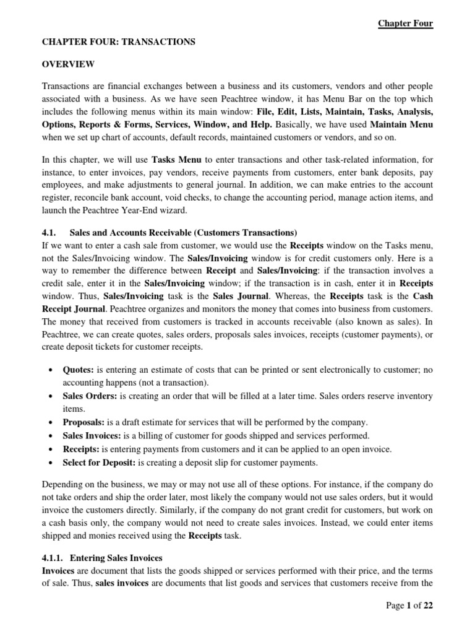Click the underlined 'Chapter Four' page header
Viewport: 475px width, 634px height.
point(406,24)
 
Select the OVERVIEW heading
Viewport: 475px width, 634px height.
point(67,64)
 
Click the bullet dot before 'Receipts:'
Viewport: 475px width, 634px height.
point(49,448)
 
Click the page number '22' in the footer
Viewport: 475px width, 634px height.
point(427,606)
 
